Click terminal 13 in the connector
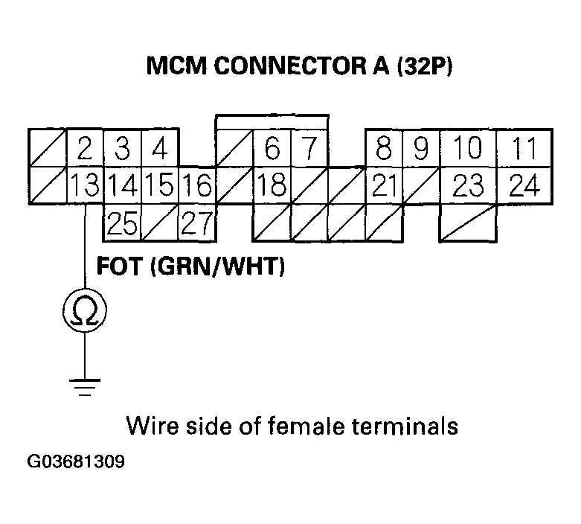pyautogui.click(x=85, y=185)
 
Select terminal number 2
pyautogui.click(x=85, y=150)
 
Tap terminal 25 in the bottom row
pyautogui.click(x=122, y=223)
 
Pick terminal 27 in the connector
pyautogui.click(x=197, y=223)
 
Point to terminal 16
pyautogui.click(x=197, y=185)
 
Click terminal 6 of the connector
pyautogui.click(x=272, y=150)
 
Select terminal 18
pyautogui.click(x=272, y=185)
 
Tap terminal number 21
pyautogui.click(x=384, y=185)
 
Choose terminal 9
pyautogui.click(x=421, y=150)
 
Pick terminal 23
pyautogui.click(x=468, y=185)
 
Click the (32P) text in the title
pyautogui.click(x=424, y=66)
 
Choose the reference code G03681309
pyautogui.click(x=75, y=462)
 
